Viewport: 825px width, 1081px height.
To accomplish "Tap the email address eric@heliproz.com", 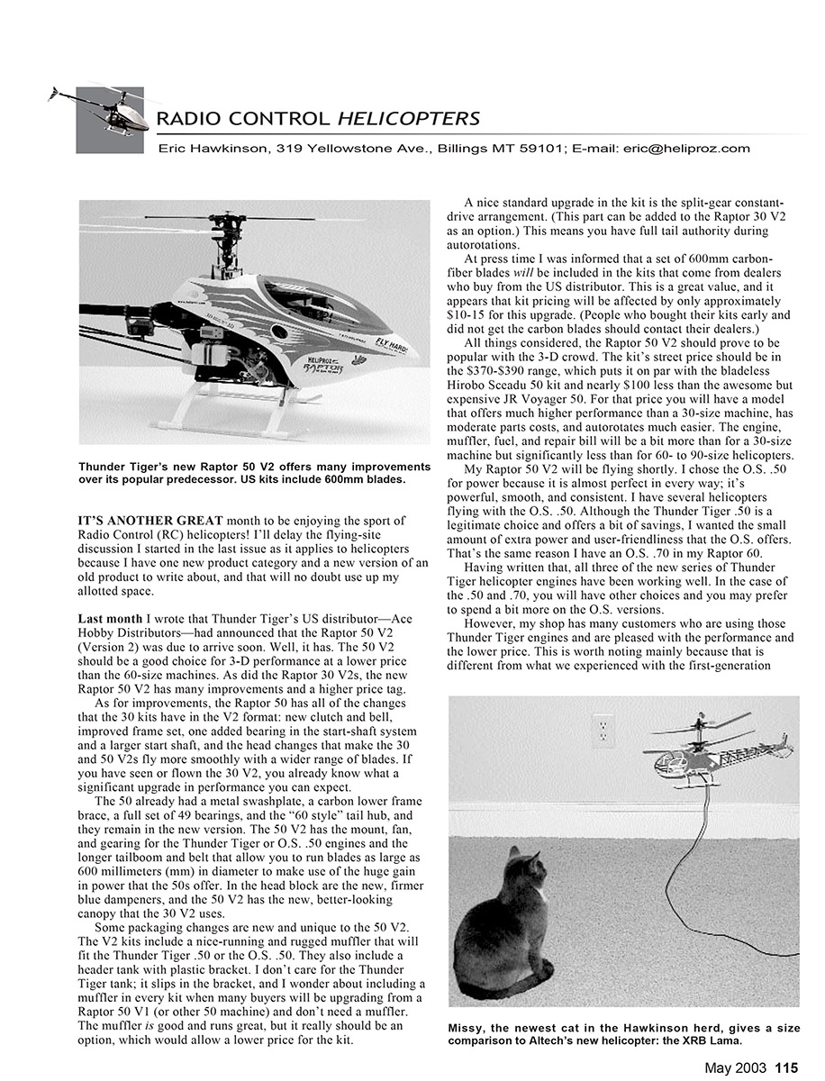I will (685, 149).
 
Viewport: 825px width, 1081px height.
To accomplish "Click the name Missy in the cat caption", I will (467, 1029).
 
